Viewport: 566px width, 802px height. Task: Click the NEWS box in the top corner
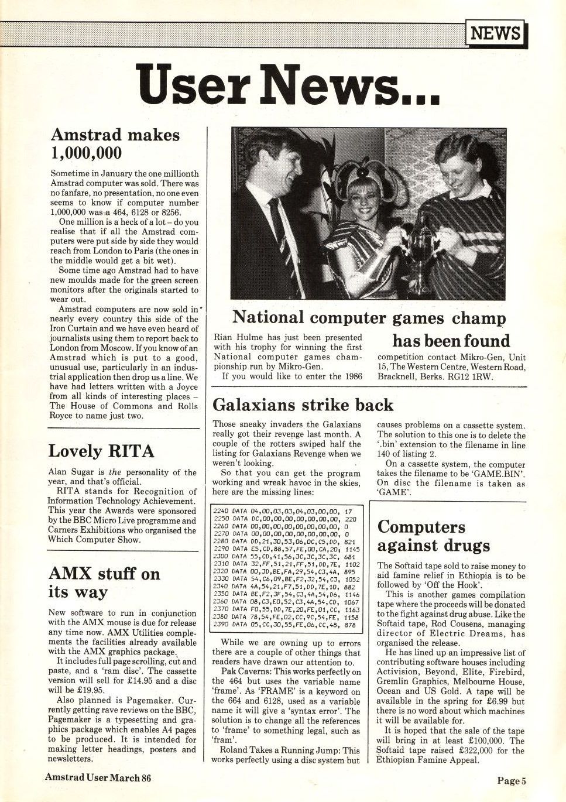(x=495, y=33)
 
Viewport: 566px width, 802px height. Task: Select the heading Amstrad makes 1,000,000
(x=115, y=144)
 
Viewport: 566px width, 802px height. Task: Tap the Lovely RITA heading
(x=101, y=451)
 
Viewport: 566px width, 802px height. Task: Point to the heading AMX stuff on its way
(x=104, y=582)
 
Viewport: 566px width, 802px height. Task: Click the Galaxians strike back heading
(x=303, y=405)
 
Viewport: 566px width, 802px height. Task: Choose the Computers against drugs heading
(x=434, y=536)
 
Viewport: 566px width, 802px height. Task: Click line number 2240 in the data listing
(x=221, y=511)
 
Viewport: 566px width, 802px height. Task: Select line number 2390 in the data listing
(x=221, y=625)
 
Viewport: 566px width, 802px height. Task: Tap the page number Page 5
(x=512, y=780)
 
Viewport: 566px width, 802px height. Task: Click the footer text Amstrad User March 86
(x=98, y=777)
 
